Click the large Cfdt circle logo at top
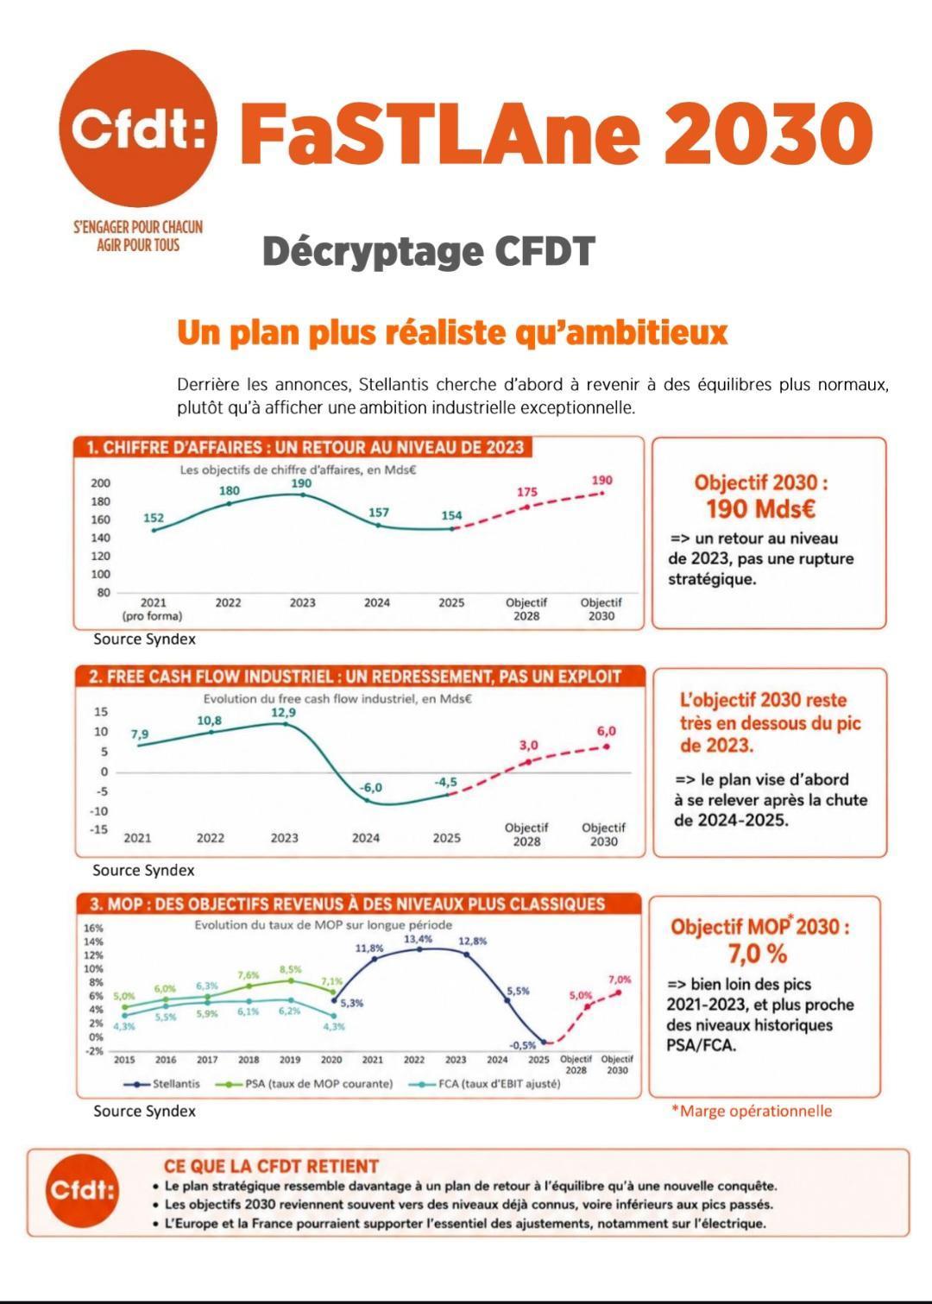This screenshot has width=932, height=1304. [138, 129]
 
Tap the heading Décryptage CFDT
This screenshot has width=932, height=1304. [429, 251]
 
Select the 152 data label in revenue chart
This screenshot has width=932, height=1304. [154, 518]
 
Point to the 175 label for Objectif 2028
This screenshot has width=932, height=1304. [526, 492]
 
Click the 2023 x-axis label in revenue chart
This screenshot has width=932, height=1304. [302, 602]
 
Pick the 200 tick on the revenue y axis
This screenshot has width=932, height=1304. [100, 482]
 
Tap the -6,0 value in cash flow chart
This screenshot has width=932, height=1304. [370, 788]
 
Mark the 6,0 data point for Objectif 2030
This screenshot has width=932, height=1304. [606, 746]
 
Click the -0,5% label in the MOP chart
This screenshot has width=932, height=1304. [522, 1045]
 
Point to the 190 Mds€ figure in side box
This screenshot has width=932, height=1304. [761, 509]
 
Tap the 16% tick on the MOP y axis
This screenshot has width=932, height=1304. [94, 928]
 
